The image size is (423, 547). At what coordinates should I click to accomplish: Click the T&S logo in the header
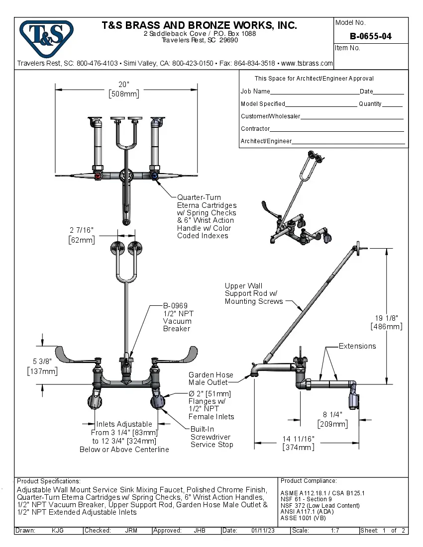46,36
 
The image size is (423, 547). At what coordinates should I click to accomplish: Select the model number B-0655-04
370,36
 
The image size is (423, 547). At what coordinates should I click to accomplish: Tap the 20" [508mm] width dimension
124,89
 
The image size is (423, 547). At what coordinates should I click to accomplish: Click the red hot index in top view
98,176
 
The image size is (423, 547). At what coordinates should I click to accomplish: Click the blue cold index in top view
155,176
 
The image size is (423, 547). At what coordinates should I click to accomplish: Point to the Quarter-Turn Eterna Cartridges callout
207,216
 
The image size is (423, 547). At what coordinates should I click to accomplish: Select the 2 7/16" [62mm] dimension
81,235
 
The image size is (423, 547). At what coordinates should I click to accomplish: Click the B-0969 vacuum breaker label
178,317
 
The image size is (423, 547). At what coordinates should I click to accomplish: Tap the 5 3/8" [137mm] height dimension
42,366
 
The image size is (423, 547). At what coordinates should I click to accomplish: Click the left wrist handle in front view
74,354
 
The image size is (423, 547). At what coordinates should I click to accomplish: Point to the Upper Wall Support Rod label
254,293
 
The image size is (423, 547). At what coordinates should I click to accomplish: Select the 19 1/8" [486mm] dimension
386,322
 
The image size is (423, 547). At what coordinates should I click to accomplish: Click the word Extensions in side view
357,346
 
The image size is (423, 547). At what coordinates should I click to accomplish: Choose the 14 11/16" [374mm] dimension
299,443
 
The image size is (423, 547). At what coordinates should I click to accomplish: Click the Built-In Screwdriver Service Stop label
211,437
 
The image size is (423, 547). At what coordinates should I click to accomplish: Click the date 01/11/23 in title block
263,531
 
